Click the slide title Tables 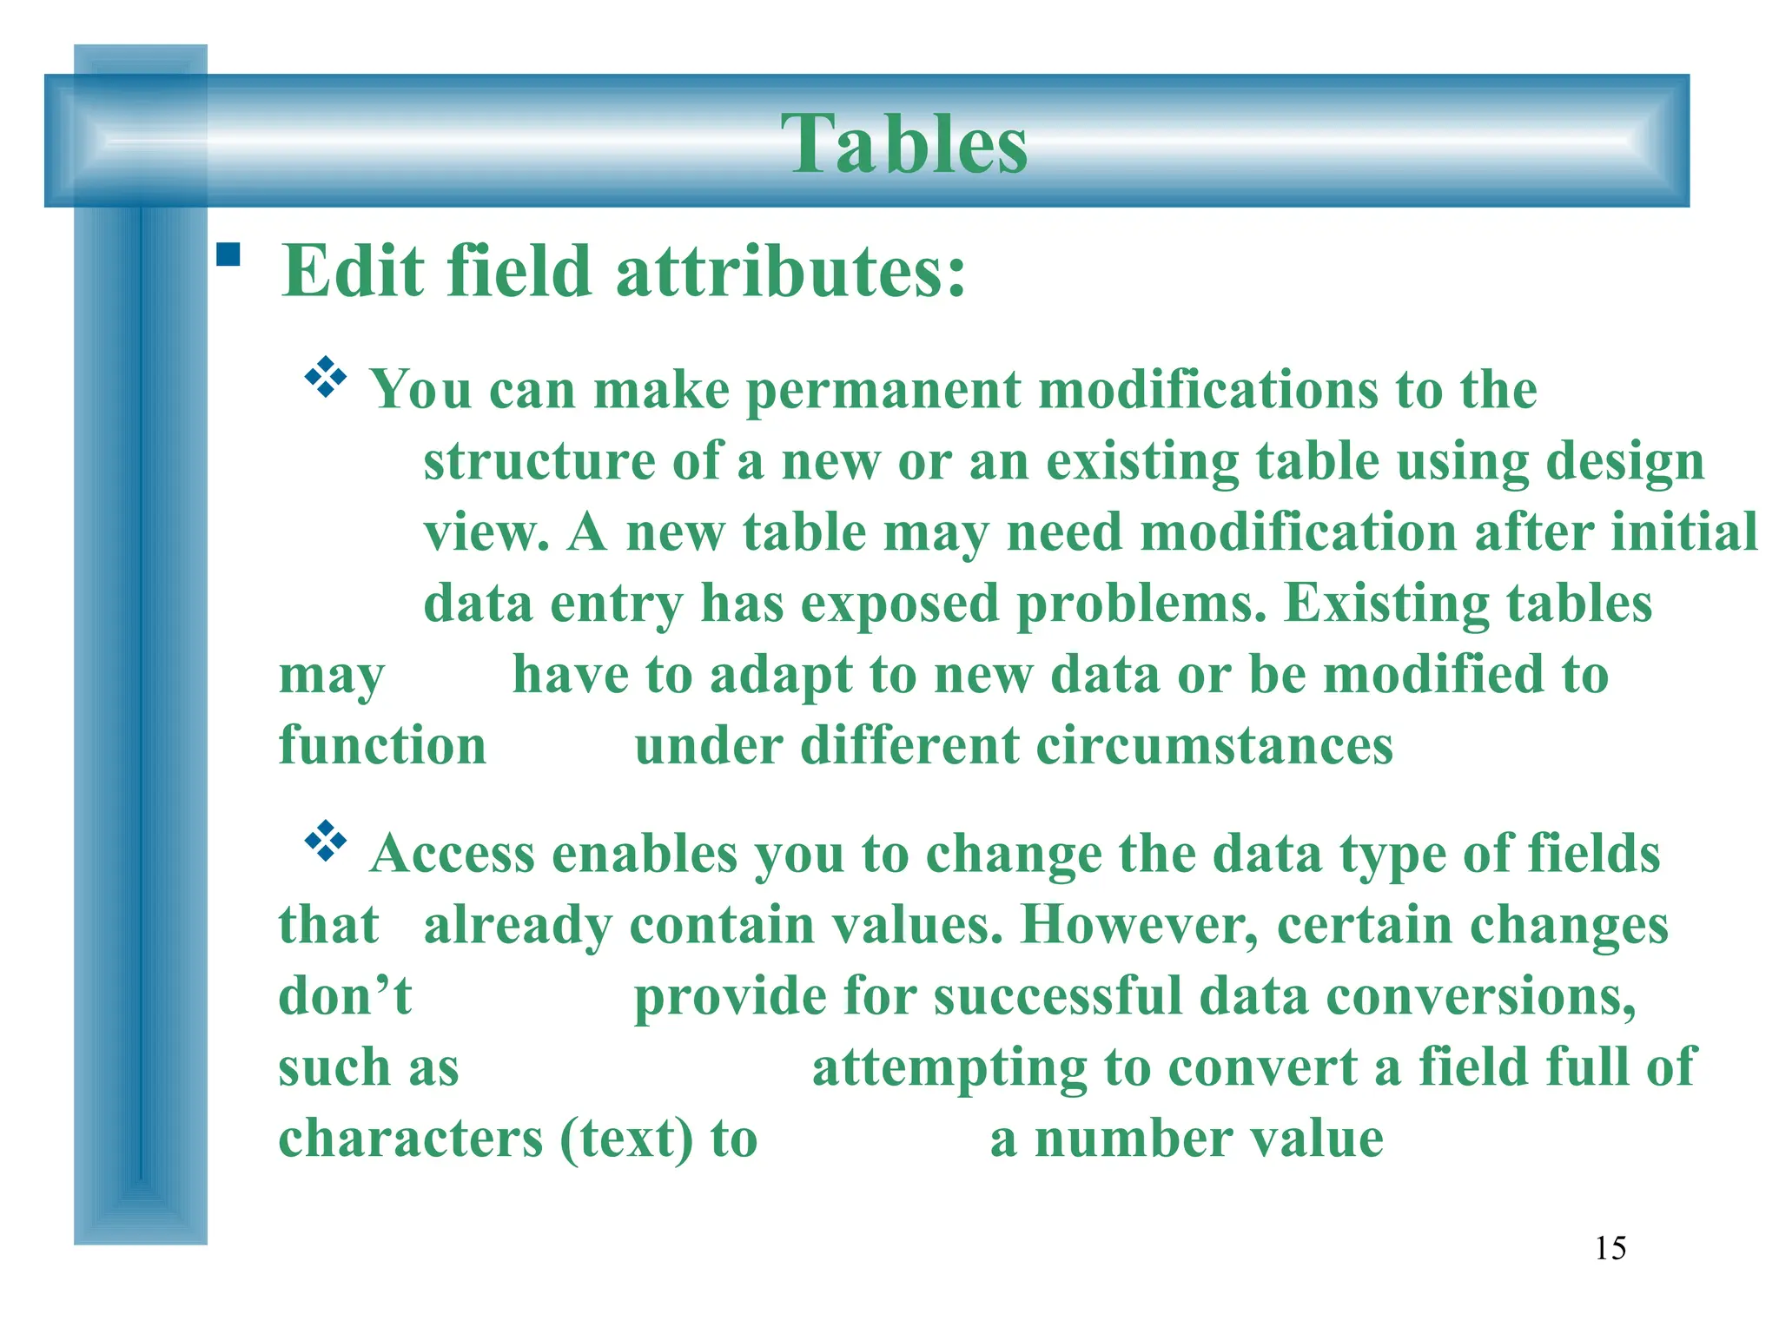[x=903, y=144]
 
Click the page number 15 [x=1610, y=1248]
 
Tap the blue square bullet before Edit [x=228, y=254]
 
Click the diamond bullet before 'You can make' [x=326, y=378]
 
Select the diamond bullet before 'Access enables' [x=326, y=841]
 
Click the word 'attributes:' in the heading [x=790, y=271]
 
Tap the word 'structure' [x=539, y=461]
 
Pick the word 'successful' [x=1058, y=996]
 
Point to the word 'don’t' [x=345, y=996]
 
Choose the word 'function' [x=382, y=746]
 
